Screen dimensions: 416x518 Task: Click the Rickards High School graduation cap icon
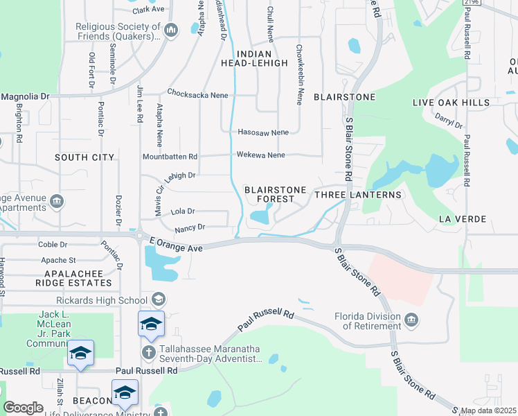(158, 300)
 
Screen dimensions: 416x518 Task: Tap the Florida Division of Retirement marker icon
(412, 320)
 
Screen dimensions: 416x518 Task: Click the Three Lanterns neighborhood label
(358, 195)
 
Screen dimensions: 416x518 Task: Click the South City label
(84, 157)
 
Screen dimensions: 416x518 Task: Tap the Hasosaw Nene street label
(263, 132)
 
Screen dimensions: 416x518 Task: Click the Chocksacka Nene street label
(194, 92)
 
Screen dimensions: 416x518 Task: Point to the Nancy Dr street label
(190, 227)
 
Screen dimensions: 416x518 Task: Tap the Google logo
(24, 408)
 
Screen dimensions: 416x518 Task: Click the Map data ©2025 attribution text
(488, 410)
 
